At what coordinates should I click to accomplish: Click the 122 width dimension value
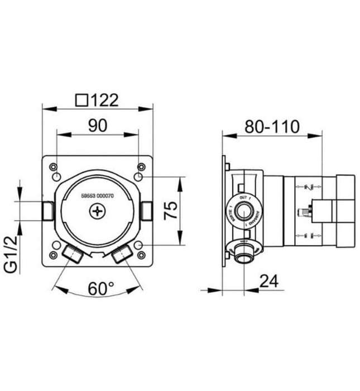(x=105, y=100)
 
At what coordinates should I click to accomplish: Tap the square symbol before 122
(x=81, y=100)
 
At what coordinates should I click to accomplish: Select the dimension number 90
(x=98, y=126)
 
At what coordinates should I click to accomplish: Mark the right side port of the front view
(x=147, y=211)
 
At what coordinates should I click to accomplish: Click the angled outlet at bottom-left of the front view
(x=73, y=254)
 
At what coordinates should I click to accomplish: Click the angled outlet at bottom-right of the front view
(x=122, y=255)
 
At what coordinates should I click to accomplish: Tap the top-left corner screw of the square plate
(x=53, y=166)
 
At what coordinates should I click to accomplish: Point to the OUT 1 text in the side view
(x=243, y=198)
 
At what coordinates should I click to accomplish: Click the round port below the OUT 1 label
(x=243, y=211)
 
